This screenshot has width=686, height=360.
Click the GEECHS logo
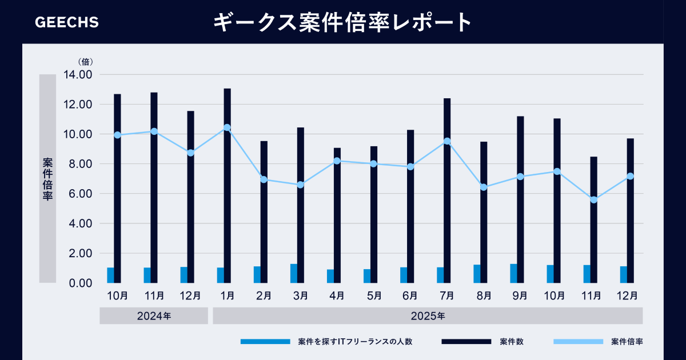pyautogui.click(x=67, y=22)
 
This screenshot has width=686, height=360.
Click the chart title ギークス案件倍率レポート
pyautogui.click(x=342, y=23)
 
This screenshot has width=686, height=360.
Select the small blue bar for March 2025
pyautogui.click(x=293, y=273)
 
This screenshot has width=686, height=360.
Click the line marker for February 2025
pyautogui.click(x=264, y=179)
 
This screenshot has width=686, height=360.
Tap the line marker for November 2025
pyautogui.click(x=593, y=200)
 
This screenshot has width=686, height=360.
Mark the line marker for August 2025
pyautogui.click(x=484, y=187)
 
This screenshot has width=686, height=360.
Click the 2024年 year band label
pyautogui.click(x=153, y=315)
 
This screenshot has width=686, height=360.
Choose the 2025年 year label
pyautogui.click(x=428, y=315)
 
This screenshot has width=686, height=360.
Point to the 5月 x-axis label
pyautogui.click(x=374, y=295)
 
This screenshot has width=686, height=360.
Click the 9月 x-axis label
pyautogui.click(x=520, y=295)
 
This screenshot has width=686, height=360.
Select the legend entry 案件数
pyautogui.click(x=511, y=342)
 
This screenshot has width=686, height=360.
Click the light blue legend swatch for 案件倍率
pyautogui.click(x=578, y=342)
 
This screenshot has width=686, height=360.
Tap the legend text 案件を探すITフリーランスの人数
pyautogui.click(x=355, y=342)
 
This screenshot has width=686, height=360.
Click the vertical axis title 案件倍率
pyautogui.click(x=47, y=178)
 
